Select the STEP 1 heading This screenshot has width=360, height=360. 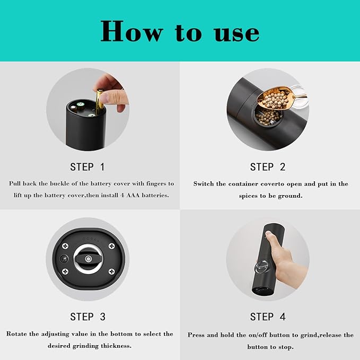(87, 166)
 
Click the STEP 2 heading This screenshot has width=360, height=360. (268, 166)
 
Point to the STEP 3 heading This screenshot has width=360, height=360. (87, 317)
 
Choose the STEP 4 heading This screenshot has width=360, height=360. (268, 317)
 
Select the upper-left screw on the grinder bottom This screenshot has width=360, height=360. (66, 246)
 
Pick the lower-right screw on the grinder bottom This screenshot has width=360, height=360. (111, 271)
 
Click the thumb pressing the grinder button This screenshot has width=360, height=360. (273, 241)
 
